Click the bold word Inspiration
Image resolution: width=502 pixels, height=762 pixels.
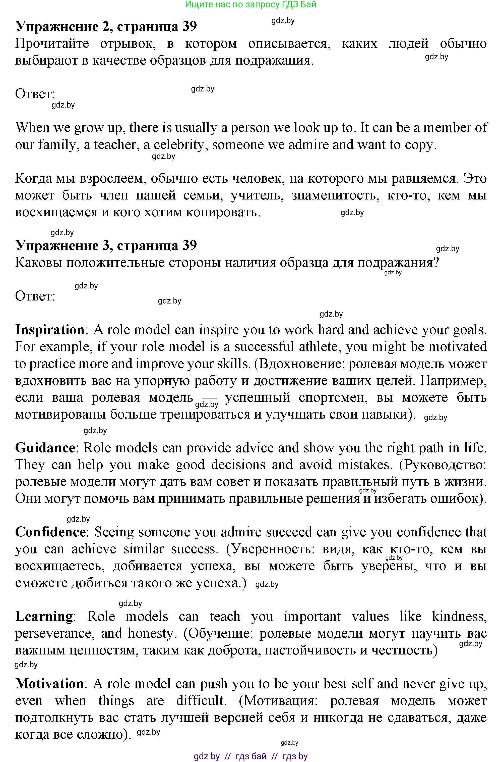[x=50, y=330]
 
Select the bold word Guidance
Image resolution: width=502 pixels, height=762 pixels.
[x=45, y=448]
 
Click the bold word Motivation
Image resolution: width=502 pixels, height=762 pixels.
[x=50, y=684]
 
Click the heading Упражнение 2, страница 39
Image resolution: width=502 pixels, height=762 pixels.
[x=106, y=26]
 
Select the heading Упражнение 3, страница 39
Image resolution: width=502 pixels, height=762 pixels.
[x=106, y=245]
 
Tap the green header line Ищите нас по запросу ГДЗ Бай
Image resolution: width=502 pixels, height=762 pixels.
[x=251, y=4]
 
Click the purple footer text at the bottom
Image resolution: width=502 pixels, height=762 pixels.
[x=251, y=756]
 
